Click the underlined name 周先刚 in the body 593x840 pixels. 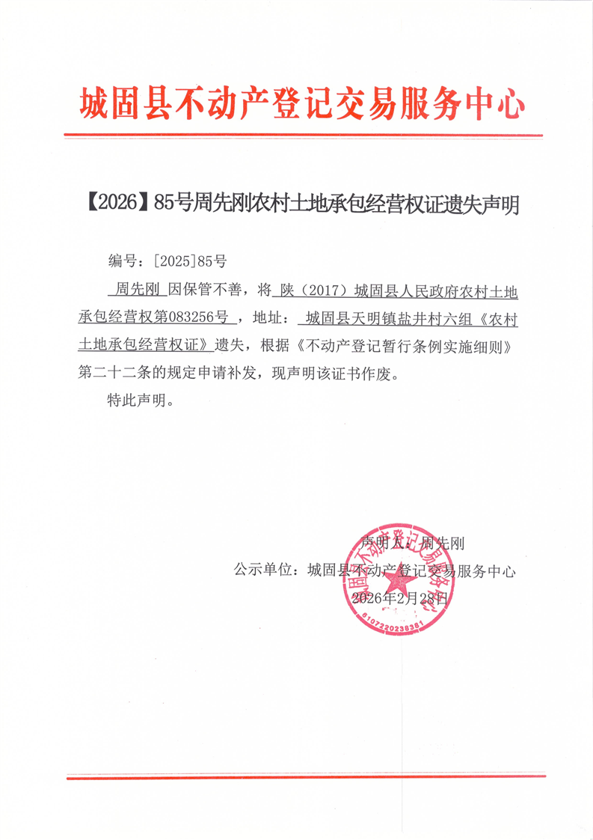click(135, 289)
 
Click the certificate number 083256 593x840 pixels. click(190, 317)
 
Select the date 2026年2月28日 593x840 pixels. click(399, 598)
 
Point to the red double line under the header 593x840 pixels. click(302, 136)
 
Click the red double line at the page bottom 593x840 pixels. click(302, 776)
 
